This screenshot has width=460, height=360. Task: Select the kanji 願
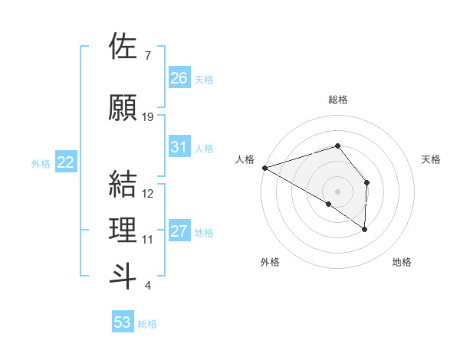tap(123, 107)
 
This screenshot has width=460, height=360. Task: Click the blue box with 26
tap(179, 78)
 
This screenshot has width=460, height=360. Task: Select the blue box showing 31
tap(179, 148)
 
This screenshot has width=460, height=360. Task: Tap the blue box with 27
tap(179, 232)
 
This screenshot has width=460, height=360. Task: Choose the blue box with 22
tap(66, 162)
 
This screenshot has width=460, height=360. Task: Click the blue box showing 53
tap(123, 322)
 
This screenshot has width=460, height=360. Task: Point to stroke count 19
tap(148, 117)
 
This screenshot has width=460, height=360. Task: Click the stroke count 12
tap(148, 194)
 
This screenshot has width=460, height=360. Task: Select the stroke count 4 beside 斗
tap(147, 286)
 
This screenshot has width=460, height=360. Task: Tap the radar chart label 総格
tap(337, 100)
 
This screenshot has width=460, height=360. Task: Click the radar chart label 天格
tap(432, 159)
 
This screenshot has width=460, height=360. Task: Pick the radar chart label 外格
tap(270, 262)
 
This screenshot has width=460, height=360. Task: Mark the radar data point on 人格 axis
tap(264, 167)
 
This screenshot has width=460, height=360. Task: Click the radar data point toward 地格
tap(364, 228)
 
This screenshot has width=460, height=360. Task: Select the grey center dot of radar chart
tap(337, 191)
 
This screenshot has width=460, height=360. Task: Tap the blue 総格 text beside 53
tap(147, 324)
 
